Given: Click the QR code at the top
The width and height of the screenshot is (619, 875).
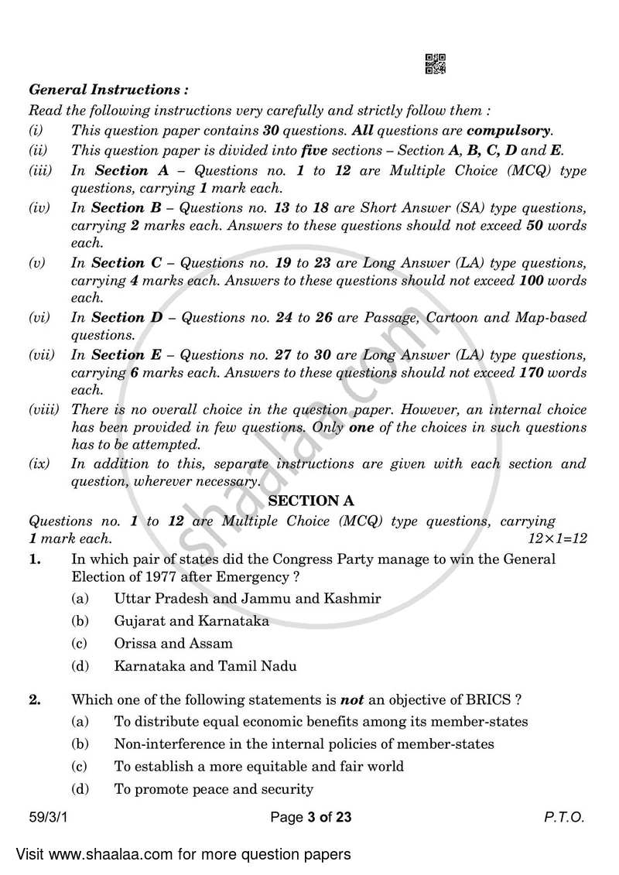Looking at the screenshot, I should click(x=436, y=64).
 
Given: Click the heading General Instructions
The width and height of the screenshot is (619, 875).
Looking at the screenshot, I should click(x=108, y=91).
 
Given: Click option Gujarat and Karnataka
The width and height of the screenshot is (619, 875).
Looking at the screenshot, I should click(x=191, y=621).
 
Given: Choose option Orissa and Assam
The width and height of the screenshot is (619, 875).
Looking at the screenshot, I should click(x=173, y=644).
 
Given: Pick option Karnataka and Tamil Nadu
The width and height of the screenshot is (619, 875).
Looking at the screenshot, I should click(x=205, y=665).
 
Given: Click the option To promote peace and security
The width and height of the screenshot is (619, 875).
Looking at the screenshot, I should click(x=213, y=790).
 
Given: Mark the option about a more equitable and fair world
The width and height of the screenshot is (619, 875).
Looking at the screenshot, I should click(x=258, y=767).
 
